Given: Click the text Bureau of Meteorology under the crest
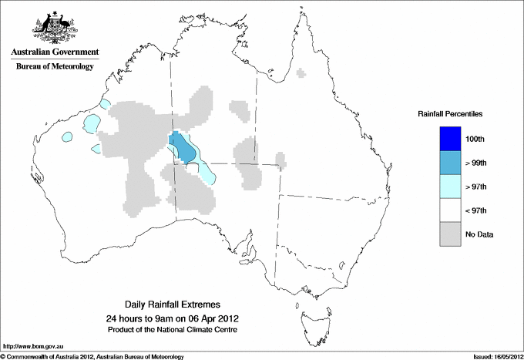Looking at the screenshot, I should pyautogui.click(x=54, y=67).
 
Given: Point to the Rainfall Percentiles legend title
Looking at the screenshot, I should pyautogui.click(x=450, y=113).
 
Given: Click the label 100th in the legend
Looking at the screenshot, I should pyautogui.click(x=475, y=139).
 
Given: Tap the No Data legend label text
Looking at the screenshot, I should pyautogui.click(x=479, y=234).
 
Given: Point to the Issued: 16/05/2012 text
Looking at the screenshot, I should pyautogui.click(x=495, y=356).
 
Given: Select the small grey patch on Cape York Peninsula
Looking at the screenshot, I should pyautogui.click(x=301, y=73).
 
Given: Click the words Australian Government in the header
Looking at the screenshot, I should pyautogui.click(x=54, y=52).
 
